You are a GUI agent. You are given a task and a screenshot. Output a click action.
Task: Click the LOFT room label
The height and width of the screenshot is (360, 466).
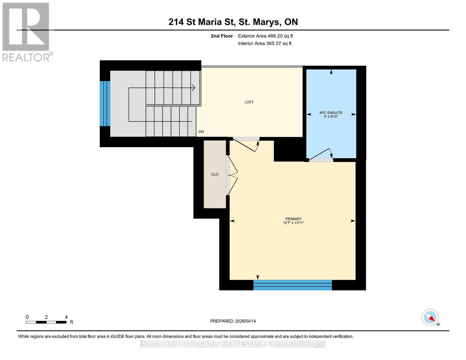click(249, 102)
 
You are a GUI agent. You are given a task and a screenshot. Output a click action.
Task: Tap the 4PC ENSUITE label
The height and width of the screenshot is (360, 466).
click(331, 113)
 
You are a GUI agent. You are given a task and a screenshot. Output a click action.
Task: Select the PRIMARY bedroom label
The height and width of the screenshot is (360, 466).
click(293, 219)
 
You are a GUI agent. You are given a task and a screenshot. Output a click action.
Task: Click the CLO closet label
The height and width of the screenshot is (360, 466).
click(215, 174)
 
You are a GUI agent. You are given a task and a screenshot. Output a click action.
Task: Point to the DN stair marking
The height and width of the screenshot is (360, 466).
click(201, 132)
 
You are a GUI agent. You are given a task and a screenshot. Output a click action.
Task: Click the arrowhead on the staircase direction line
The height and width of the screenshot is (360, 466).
click(194, 88)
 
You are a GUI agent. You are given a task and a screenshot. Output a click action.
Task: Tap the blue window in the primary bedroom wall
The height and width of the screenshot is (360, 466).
click(293, 285)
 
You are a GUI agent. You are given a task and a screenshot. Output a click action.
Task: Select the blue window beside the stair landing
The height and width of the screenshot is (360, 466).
click(105, 103)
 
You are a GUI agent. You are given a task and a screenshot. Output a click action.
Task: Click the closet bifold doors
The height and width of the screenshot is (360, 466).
click(232, 175)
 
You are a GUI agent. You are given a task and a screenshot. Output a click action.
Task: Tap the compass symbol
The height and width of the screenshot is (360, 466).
click(430, 317)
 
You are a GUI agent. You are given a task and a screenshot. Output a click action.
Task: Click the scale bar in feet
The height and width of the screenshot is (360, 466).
click(46, 322)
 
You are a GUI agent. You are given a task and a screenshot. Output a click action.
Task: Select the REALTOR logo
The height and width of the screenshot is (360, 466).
click(26, 31)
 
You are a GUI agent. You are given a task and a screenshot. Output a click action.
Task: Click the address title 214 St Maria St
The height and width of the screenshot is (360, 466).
click(233, 22)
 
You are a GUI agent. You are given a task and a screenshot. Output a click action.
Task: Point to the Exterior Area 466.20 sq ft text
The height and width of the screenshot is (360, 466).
click(265, 36)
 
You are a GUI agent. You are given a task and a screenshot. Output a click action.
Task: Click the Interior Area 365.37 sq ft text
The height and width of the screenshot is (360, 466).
click(265, 43)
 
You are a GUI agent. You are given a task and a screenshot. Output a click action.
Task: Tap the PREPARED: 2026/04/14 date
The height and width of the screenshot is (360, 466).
click(233, 321)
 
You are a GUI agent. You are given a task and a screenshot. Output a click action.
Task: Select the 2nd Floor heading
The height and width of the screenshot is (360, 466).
click(221, 36)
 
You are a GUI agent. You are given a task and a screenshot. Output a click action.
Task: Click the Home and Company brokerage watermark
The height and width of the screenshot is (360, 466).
click(233, 344)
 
